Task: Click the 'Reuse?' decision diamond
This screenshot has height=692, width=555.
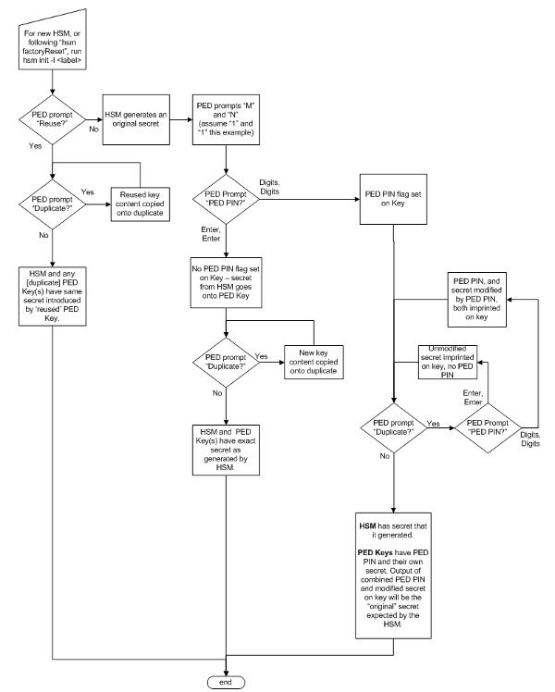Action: tap(54, 125)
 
